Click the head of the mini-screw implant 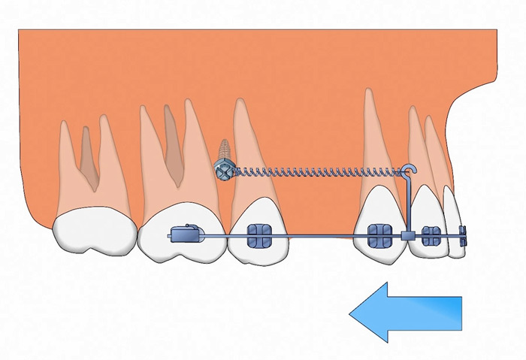(224, 173)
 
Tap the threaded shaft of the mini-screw (223, 152)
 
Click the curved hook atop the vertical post (410, 171)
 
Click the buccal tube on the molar (186, 234)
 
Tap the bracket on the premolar (259, 236)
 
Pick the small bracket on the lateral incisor (431, 236)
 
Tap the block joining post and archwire (407, 236)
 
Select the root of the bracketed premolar (248, 150)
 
